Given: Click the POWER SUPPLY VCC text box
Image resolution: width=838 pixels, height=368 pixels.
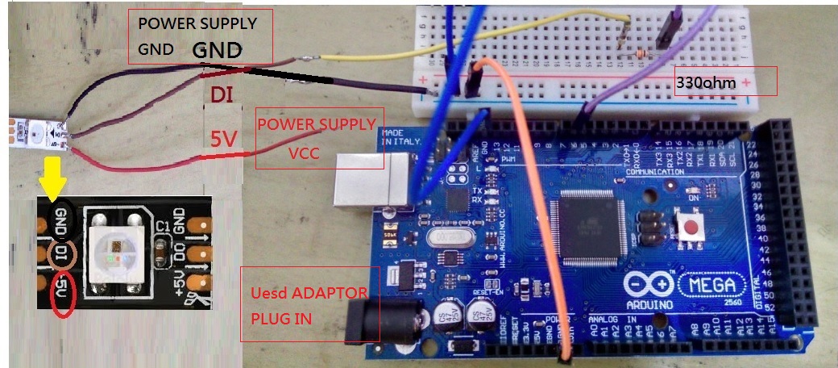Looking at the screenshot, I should coord(318,138).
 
